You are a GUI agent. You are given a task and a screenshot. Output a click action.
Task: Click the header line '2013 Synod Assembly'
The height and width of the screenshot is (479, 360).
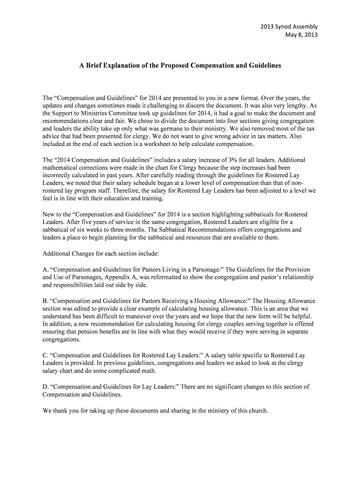[x=289, y=26]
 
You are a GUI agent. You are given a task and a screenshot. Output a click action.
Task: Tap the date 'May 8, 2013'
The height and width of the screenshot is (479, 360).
[x=301, y=35]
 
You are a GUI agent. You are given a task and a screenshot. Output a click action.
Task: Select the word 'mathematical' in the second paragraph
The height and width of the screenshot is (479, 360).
[x=61, y=167]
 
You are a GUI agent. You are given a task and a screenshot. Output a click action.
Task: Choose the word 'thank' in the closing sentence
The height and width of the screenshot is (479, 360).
[x=60, y=411]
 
